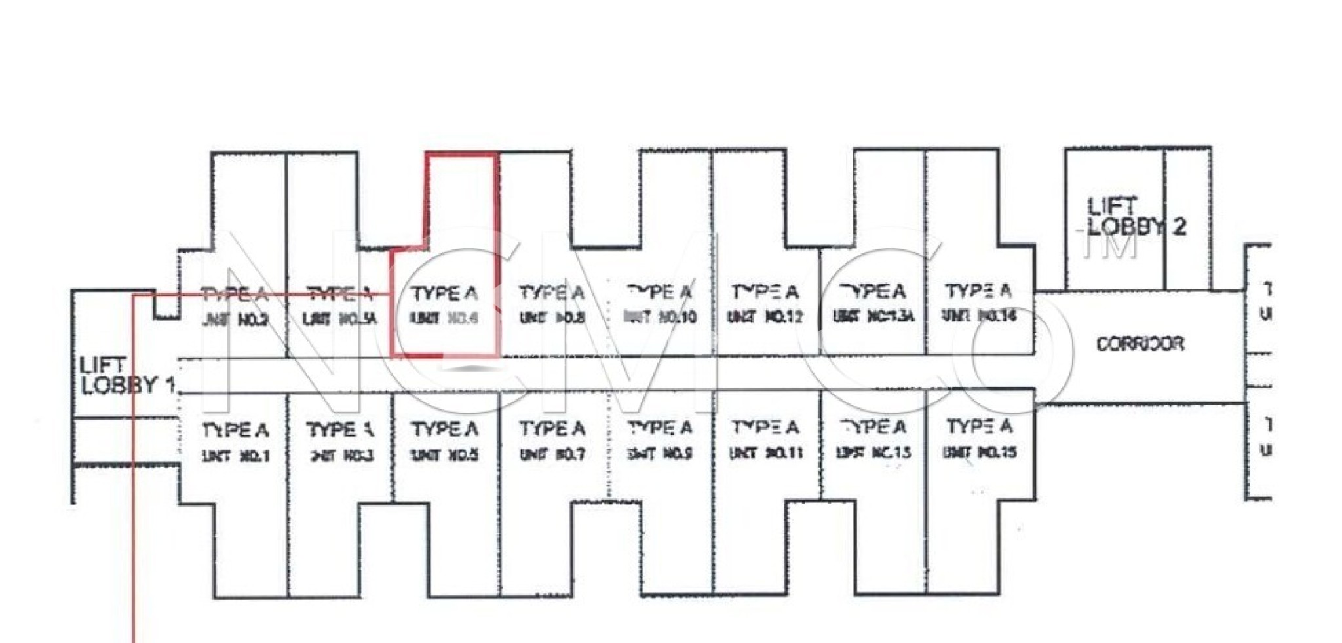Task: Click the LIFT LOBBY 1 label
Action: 125,375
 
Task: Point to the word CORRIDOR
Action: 1140,344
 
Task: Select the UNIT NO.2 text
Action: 235,320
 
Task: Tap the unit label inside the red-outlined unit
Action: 444,318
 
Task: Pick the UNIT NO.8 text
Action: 552,318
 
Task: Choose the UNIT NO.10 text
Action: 660,318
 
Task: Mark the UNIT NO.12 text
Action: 765,317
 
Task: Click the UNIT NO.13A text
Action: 873,316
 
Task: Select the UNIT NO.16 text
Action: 979,316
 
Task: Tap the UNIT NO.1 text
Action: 236,456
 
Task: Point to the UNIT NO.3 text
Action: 341,455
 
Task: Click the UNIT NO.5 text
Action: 445,454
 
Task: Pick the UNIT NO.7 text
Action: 552,454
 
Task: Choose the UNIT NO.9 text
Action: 660,453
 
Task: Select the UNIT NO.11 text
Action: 765,452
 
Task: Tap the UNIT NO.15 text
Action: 980,452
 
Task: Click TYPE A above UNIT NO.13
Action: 873,428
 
